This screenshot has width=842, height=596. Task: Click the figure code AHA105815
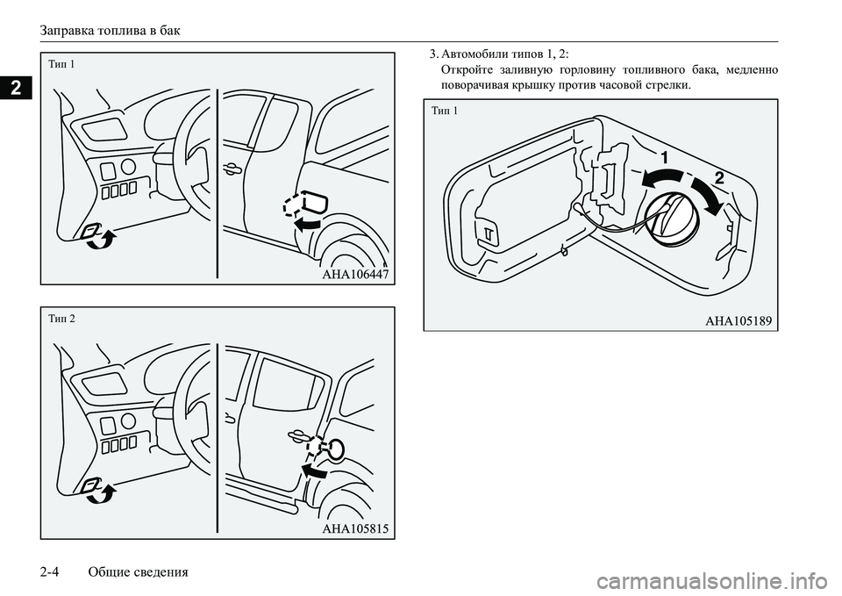click(x=355, y=528)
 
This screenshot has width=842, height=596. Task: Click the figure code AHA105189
click(x=739, y=321)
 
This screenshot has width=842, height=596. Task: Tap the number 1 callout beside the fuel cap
click(x=665, y=157)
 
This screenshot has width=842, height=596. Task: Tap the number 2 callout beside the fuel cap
click(x=719, y=177)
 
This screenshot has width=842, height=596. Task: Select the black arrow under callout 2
click(x=709, y=195)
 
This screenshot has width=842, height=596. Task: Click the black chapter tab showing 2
click(x=16, y=87)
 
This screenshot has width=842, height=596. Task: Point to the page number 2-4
click(x=48, y=571)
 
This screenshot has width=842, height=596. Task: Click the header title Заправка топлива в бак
click(x=111, y=31)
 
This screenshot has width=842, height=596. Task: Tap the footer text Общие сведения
click(x=138, y=571)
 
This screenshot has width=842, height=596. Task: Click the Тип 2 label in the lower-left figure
click(x=61, y=319)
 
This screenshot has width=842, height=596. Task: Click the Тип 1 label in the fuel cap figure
click(x=445, y=111)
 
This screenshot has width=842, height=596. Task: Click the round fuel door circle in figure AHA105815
click(x=337, y=449)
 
